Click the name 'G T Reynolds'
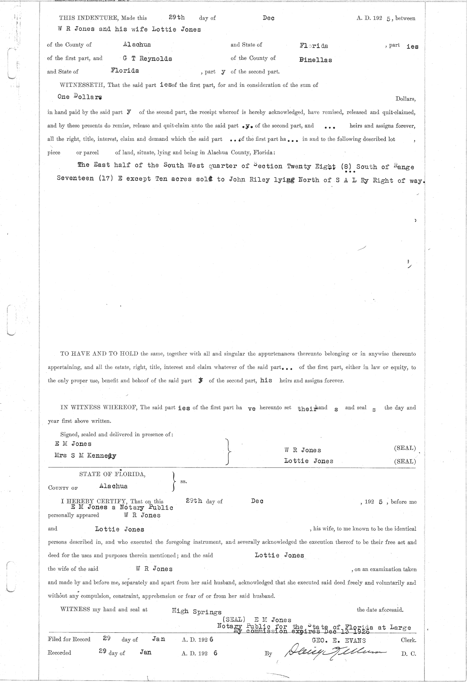[x=147, y=59]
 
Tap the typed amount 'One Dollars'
[x=81, y=97]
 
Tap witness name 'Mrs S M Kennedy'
[x=86, y=456]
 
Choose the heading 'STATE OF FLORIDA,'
[x=113, y=474]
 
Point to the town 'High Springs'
[x=197, y=612]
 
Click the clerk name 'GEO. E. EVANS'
[x=338, y=640]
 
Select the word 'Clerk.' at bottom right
[x=408, y=640]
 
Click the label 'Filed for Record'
[x=69, y=639]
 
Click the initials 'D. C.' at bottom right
[x=408, y=653]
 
